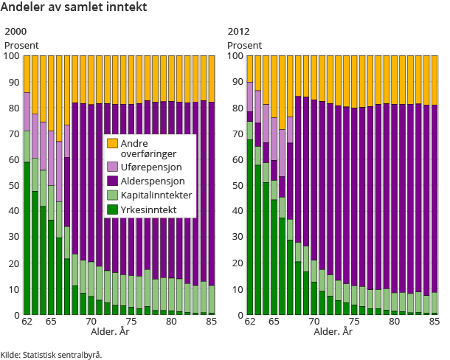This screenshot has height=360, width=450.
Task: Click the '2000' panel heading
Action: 15,32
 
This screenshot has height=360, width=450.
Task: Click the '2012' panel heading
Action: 238,32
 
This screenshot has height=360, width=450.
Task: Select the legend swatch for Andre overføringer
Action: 112,143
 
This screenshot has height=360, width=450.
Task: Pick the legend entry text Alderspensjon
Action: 153,181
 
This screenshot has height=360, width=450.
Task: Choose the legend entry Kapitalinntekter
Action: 156,195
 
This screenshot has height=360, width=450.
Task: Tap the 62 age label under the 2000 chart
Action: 27,322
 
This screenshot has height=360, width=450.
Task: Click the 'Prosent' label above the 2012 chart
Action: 244,45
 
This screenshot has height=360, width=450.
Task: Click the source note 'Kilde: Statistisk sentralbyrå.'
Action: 51,355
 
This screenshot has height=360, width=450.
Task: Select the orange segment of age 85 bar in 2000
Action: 212,77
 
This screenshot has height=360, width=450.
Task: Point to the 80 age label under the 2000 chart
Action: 171,322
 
